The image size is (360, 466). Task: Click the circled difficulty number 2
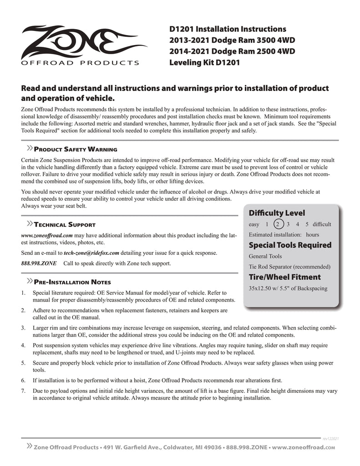279,224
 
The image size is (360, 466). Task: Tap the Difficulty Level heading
277,213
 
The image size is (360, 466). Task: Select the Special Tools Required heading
290,245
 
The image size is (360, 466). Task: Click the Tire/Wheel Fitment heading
284,277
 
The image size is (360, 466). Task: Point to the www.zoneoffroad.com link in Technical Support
47,235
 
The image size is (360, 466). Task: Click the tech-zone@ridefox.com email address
91,253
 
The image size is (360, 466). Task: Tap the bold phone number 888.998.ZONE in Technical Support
39,263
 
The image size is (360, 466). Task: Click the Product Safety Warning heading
76,150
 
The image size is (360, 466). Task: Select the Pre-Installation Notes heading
72,282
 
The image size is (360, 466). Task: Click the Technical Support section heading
65,225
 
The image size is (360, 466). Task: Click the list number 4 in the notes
23,345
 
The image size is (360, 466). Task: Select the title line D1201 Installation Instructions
228,30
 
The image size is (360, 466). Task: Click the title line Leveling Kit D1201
204,62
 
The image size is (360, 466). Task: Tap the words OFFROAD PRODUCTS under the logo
80,63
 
